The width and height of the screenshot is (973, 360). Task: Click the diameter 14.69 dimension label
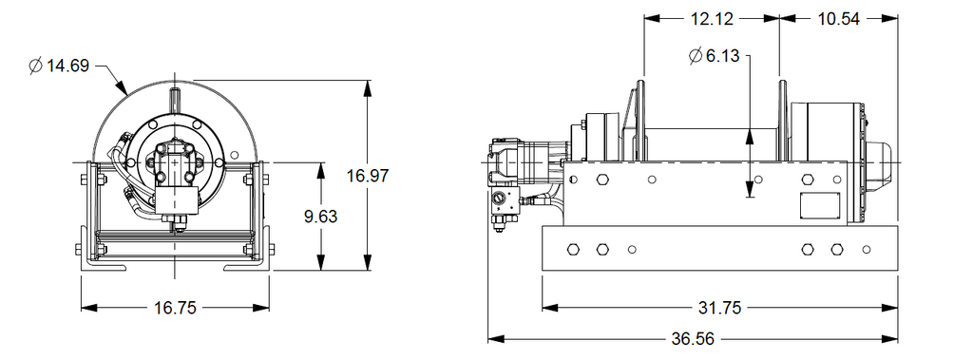click(x=60, y=66)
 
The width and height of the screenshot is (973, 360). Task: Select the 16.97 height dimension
click(x=368, y=176)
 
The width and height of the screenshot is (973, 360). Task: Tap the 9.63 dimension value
click(x=321, y=217)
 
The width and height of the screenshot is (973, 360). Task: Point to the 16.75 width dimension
click(x=175, y=307)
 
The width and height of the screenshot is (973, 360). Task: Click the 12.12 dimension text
click(x=712, y=19)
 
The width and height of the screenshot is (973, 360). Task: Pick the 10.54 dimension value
click(x=838, y=19)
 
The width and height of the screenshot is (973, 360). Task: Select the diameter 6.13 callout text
click(x=715, y=56)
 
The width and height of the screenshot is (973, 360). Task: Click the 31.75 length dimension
click(x=720, y=307)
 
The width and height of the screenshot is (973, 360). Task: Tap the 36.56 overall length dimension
click(x=693, y=339)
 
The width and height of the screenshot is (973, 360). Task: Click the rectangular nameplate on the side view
click(x=819, y=205)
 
